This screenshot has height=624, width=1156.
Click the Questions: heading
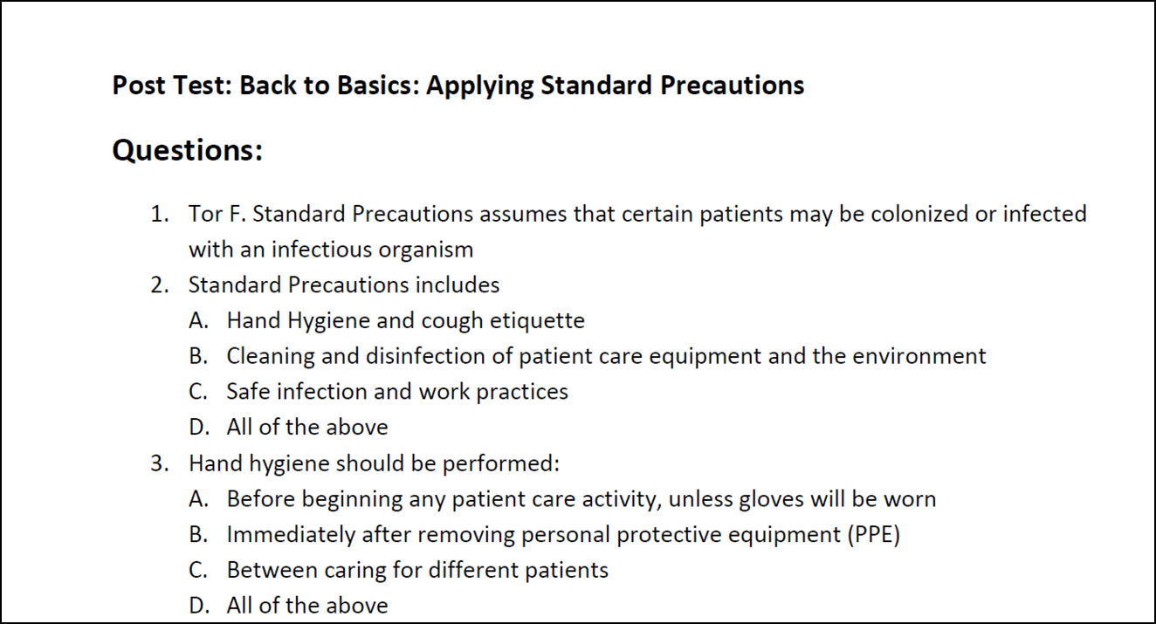click(x=188, y=151)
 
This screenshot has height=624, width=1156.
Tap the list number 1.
click(x=160, y=214)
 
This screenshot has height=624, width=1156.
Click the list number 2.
click(x=160, y=285)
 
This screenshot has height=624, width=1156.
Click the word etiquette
click(x=537, y=321)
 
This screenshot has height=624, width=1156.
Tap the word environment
click(x=919, y=356)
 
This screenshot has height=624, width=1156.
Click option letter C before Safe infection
click(x=198, y=392)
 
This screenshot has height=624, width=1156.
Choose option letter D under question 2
click(x=199, y=428)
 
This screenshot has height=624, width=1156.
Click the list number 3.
click(x=160, y=463)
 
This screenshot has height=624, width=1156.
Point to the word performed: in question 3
click(x=501, y=463)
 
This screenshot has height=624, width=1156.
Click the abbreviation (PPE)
click(x=874, y=535)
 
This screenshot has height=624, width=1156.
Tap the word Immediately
click(x=291, y=535)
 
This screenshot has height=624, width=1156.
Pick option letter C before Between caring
click(x=198, y=571)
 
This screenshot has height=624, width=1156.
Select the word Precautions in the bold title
click(x=732, y=86)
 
